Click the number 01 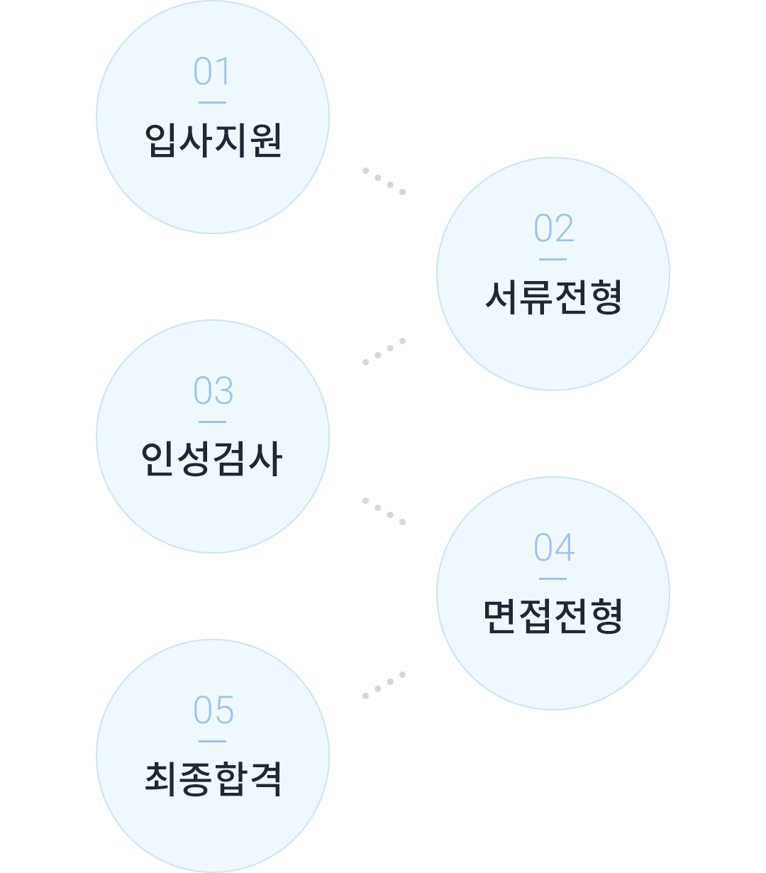212,72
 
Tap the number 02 553,228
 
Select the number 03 213,391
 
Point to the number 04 554,547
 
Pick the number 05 213,710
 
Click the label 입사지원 213,140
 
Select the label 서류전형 553,296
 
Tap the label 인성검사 212,459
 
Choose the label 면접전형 553,615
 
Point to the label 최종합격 213,778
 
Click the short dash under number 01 212,102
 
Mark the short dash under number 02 553,259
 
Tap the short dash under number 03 212,422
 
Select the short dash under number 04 553,578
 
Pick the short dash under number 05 212,741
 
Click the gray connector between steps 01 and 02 384,181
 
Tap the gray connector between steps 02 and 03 384,351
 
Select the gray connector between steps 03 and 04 384,511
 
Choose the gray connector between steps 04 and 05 384,685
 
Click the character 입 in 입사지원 161,140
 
